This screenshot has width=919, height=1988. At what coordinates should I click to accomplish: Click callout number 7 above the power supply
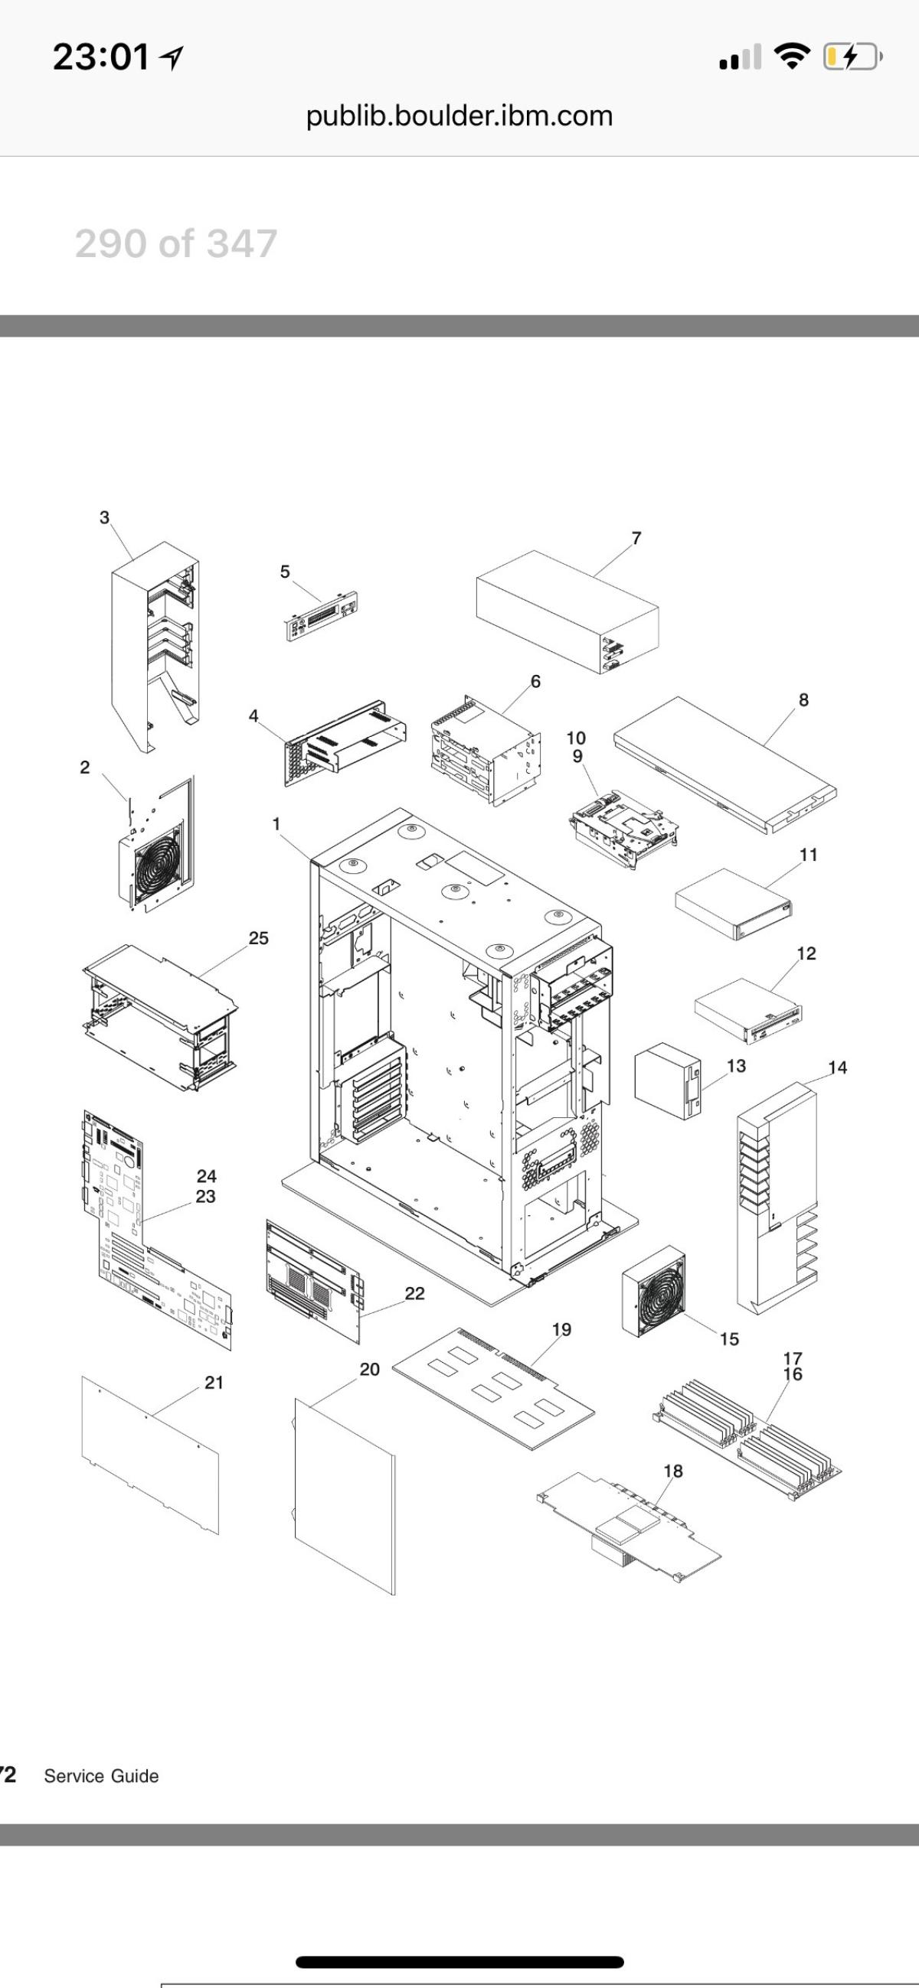[636, 539]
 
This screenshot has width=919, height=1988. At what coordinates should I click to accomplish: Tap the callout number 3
[105, 517]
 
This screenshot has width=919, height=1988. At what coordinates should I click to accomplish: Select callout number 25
[259, 938]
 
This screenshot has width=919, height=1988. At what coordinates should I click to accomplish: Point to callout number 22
[415, 1293]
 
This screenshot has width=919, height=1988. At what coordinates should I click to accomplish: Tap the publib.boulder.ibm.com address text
[459, 116]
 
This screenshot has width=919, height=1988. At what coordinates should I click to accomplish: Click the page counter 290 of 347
[176, 244]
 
